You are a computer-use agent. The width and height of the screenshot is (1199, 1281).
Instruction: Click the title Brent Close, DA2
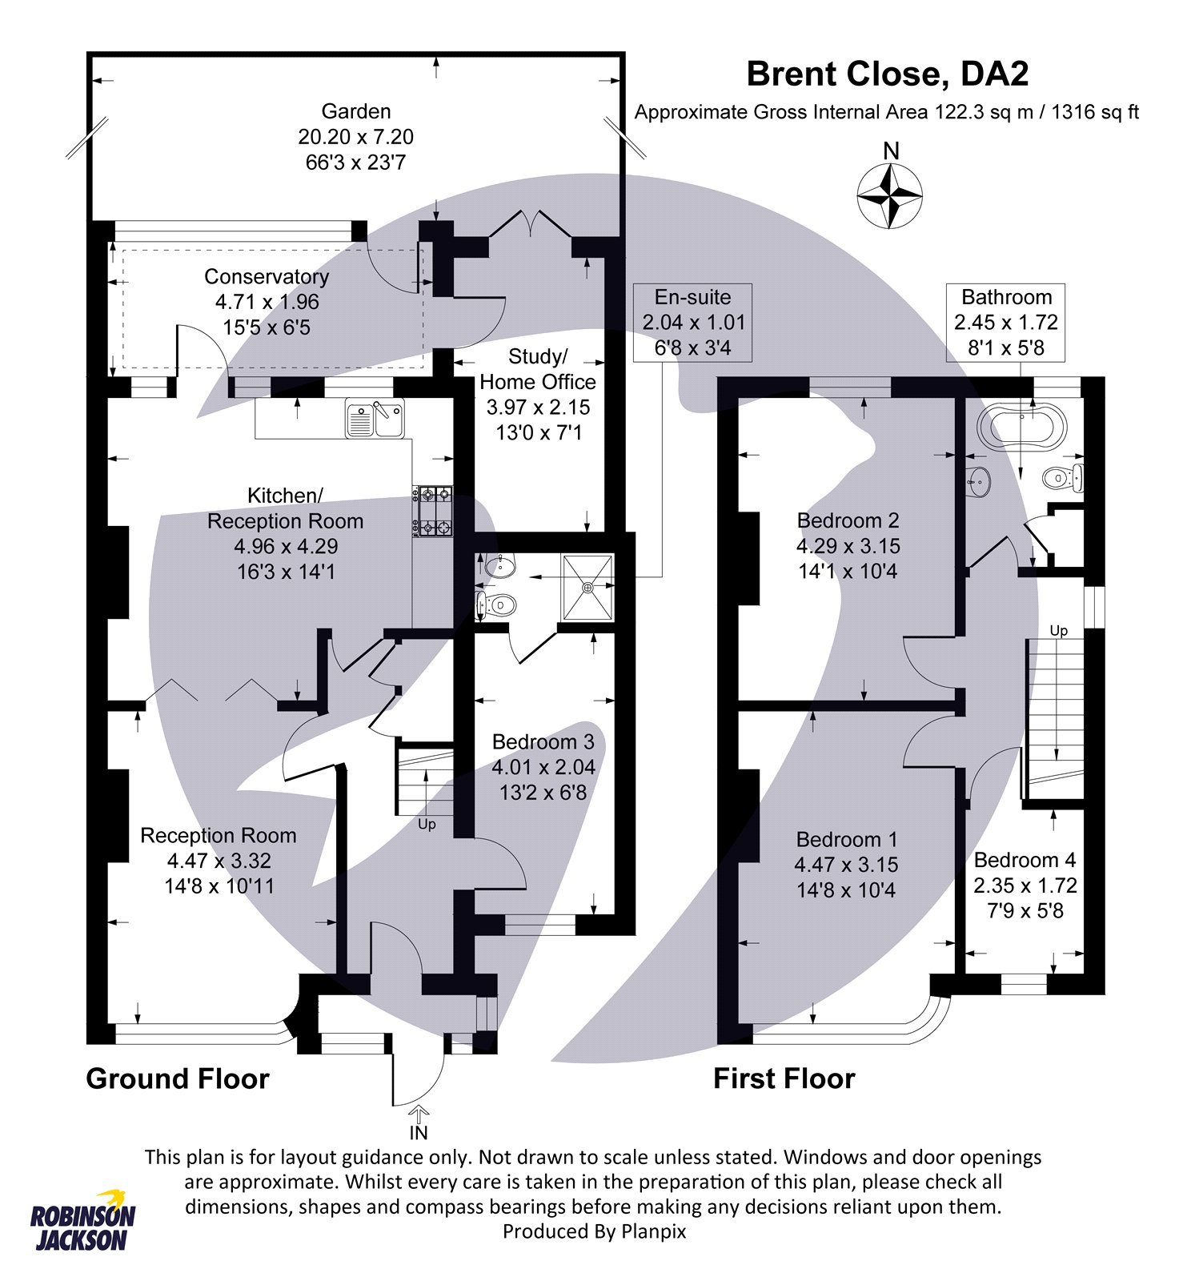tap(887, 74)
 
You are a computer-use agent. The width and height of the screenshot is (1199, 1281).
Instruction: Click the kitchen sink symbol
tap(375, 420)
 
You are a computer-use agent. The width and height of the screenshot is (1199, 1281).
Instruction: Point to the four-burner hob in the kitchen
tap(432, 512)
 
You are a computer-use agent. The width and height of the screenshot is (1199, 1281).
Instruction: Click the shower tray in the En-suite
tap(588, 587)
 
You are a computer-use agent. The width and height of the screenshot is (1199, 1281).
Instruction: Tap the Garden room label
tap(355, 111)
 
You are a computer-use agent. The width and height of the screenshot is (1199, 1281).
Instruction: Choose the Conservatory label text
tap(267, 277)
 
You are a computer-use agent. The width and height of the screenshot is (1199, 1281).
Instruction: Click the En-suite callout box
tap(692, 322)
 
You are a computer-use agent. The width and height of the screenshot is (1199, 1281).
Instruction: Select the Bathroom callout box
tap(1005, 322)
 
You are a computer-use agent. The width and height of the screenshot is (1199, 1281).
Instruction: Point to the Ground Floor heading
tap(177, 1079)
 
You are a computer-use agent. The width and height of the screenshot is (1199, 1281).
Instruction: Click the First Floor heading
tap(784, 1079)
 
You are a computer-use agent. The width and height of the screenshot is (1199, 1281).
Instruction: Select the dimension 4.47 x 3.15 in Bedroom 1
tap(846, 865)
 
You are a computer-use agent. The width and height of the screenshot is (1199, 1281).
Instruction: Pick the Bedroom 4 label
tap(1025, 860)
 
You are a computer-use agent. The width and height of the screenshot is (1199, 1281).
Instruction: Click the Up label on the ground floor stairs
tap(427, 825)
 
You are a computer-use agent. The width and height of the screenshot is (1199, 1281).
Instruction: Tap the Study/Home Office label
tap(538, 369)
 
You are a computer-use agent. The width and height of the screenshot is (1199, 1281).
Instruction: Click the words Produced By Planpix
tap(594, 1231)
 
